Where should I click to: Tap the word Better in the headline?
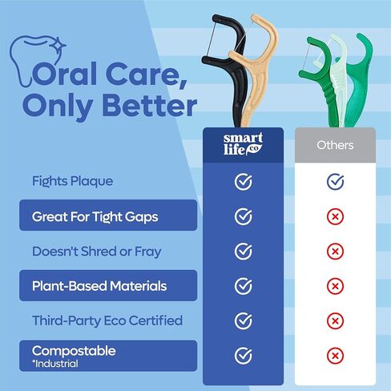click(150, 106)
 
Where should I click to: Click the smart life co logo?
click(243, 144)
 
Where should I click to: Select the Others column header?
click(335, 145)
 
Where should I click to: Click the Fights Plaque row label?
click(72, 181)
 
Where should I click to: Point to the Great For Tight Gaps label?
click(95, 217)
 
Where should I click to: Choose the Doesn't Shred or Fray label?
click(97, 252)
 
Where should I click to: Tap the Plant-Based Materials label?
click(99, 286)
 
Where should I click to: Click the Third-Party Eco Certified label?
click(107, 320)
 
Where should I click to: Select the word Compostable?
click(74, 351)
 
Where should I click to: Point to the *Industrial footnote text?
click(55, 364)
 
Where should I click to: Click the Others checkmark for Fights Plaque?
click(335, 182)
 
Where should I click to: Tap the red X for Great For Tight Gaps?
click(335, 216)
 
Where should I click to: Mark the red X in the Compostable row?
click(335, 356)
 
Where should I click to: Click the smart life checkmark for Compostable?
click(244, 356)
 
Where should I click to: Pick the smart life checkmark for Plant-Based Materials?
click(244, 286)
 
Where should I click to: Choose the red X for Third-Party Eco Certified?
click(335, 320)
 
